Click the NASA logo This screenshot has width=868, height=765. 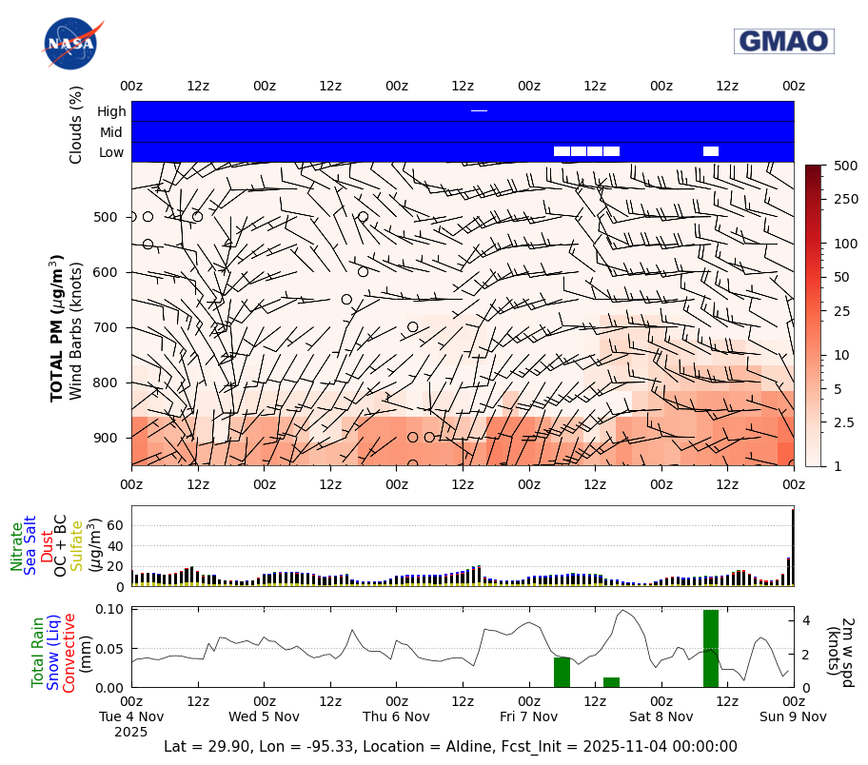71,43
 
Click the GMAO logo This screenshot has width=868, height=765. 783,41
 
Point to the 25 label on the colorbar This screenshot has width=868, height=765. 841,311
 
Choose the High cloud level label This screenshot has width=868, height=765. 111,111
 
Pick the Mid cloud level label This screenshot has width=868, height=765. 112,132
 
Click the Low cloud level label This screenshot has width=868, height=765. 111,152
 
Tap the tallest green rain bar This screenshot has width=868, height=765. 711,648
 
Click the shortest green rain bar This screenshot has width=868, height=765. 611,682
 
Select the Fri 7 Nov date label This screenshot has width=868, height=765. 529,716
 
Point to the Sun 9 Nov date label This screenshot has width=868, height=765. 794,716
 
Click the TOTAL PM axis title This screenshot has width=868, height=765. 57,327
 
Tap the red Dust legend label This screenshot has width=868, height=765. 47,547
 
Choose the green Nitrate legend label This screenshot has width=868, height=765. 16,546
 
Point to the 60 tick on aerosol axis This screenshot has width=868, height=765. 119,524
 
